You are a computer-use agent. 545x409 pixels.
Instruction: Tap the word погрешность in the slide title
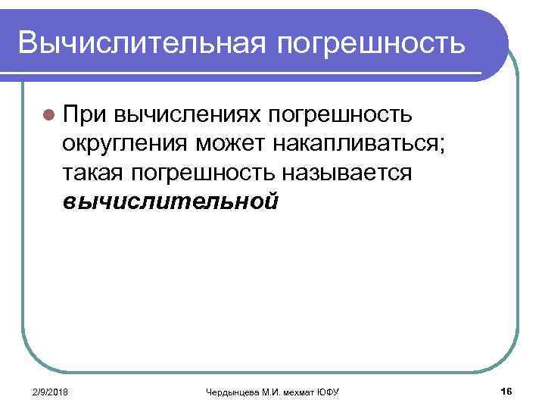tap(370, 44)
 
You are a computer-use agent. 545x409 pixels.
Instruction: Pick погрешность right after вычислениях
tap(329, 114)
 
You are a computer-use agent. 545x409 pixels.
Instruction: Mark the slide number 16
tap(506, 389)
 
